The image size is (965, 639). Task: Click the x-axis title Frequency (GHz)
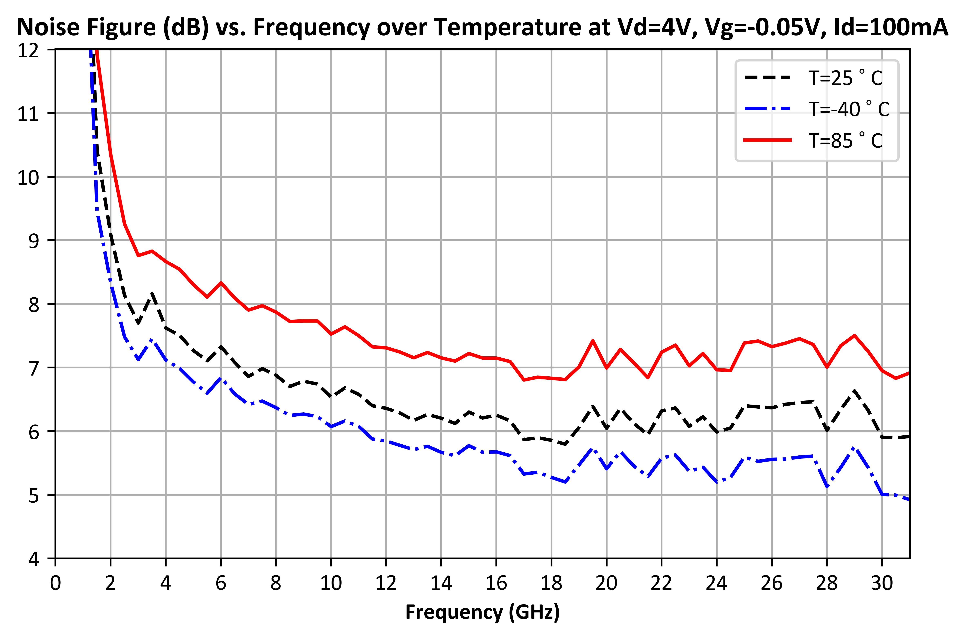[482, 612]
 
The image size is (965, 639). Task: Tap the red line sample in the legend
[767, 140]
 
